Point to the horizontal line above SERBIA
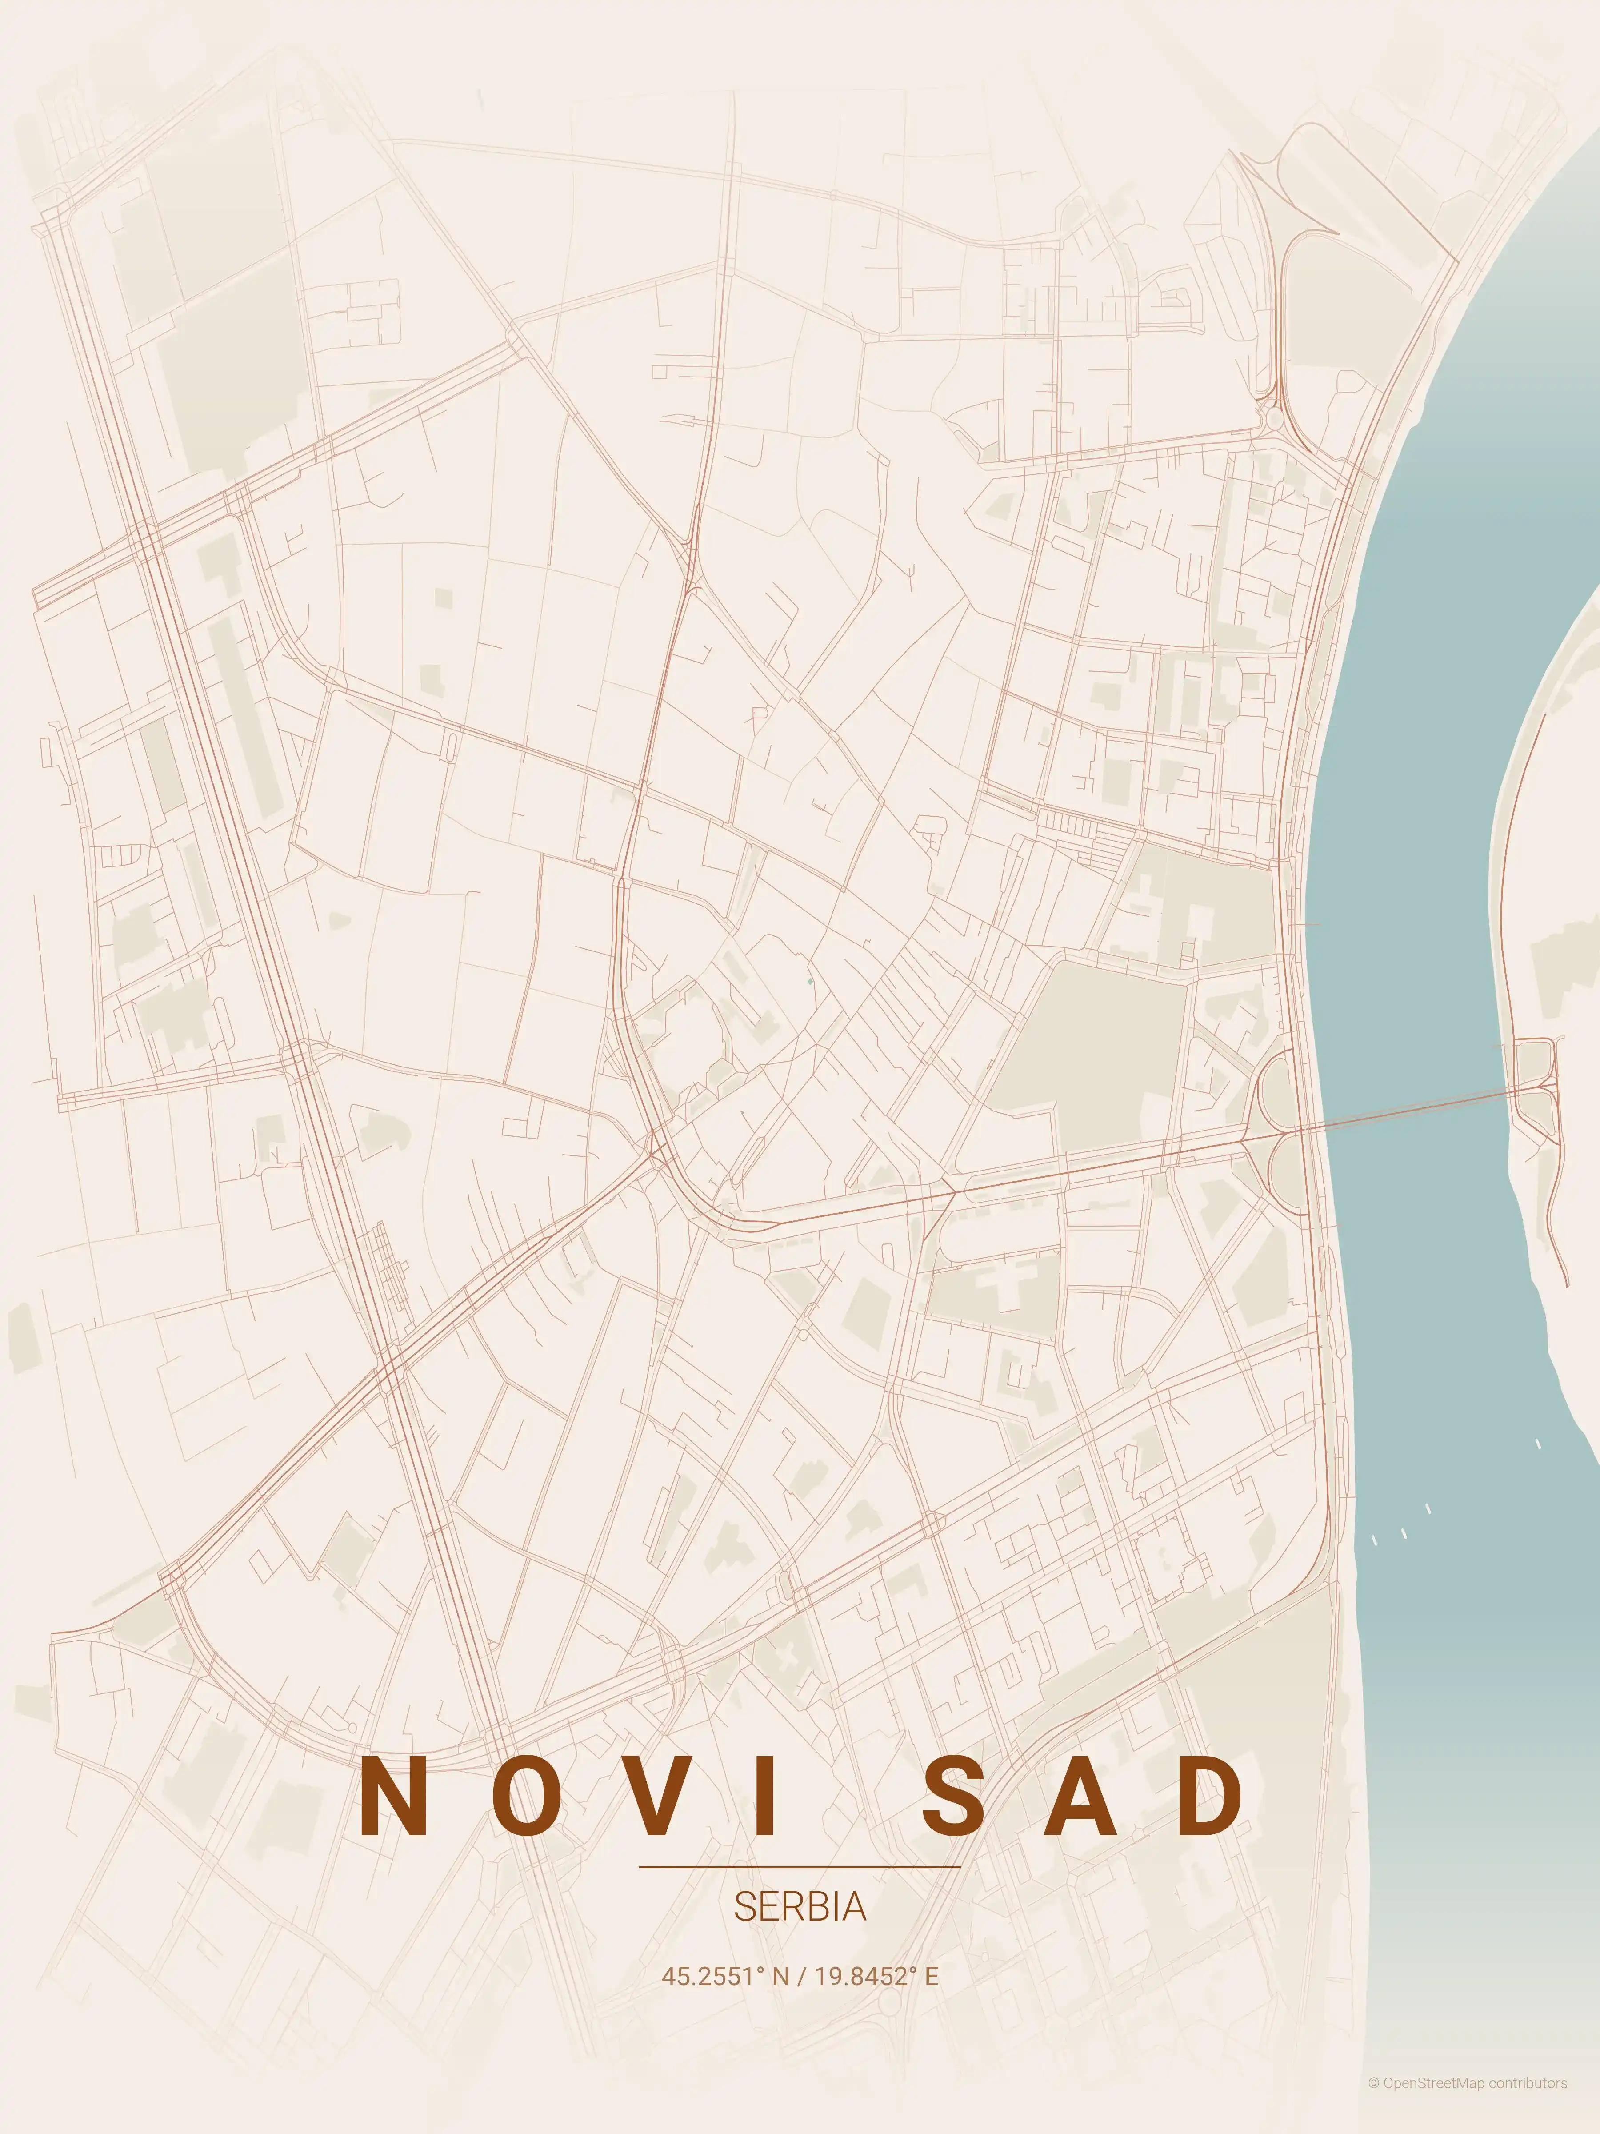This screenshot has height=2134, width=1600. tap(800, 1867)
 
